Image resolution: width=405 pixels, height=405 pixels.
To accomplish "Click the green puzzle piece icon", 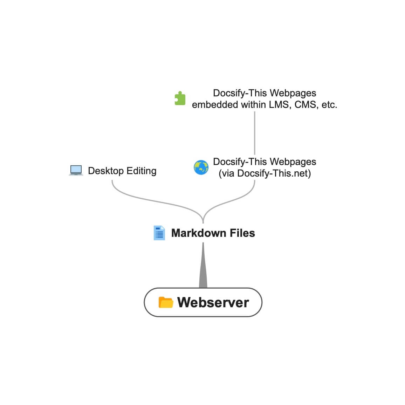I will [x=180, y=98].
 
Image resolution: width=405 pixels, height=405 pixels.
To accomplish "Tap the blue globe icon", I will [x=201, y=167].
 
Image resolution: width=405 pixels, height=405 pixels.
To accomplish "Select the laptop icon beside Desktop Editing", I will [x=76, y=171].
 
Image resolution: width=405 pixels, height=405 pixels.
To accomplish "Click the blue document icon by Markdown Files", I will [x=159, y=233].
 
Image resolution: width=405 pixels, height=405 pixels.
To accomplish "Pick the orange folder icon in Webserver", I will [x=166, y=302].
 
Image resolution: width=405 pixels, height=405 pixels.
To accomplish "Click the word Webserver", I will [x=213, y=302].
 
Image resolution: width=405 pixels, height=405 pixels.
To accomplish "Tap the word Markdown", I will [x=198, y=233].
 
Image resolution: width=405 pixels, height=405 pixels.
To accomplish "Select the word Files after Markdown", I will [x=242, y=233].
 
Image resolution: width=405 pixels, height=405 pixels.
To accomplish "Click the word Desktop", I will [x=106, y=171].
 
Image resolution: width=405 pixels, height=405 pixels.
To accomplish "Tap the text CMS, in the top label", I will [x=307, y=105].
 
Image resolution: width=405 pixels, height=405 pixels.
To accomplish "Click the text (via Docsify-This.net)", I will [x=265, y=173].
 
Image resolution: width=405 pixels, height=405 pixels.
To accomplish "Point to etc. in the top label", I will [x=329, y=105].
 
